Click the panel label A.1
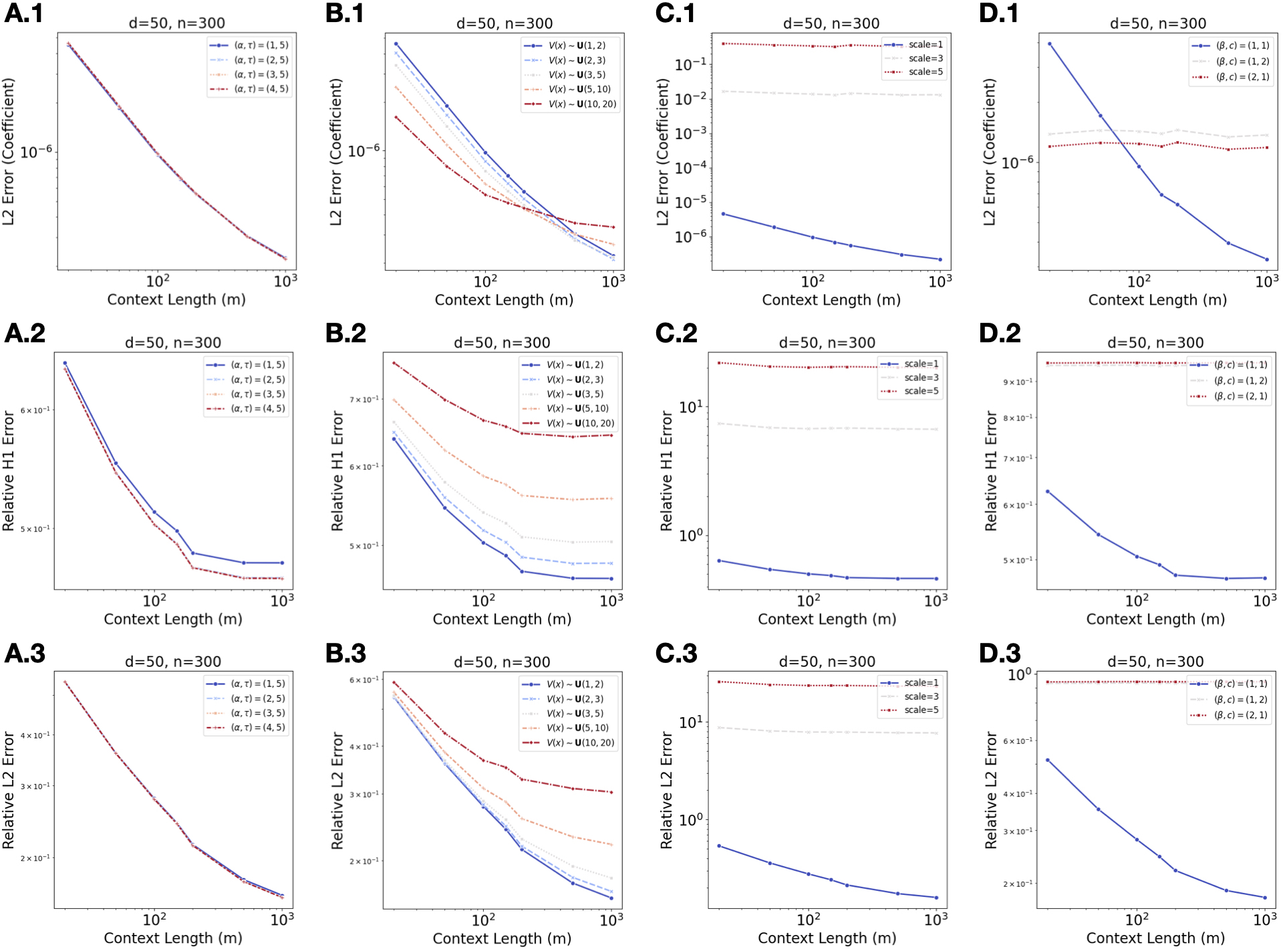click(x=24, y=13)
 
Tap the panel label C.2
click(x=676, y=333)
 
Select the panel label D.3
click(x=1000, y=653)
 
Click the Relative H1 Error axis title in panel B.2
click(x=337, y=470)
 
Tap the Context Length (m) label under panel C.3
click(x=827, y=938)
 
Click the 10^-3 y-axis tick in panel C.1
click(x=691, y=133)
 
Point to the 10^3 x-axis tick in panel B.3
click(x=611, y=920)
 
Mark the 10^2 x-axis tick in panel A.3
click(x=154, y=920)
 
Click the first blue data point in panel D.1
click(x=1049, y=44)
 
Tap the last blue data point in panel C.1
click(x=940, y=259)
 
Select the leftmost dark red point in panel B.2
click(x=394, y=364)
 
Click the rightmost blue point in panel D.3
click(x=1264, y=898)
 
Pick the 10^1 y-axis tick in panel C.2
click(x=691, y=406)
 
